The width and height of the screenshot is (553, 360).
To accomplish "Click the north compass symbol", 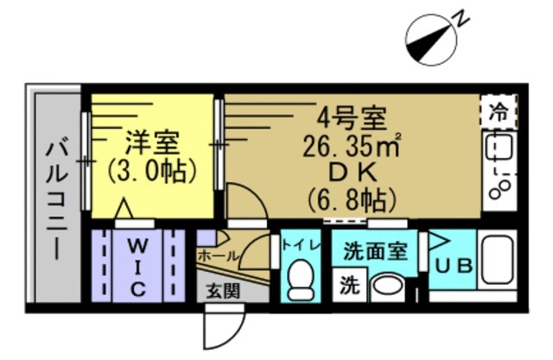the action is pyautogui.click(x=431, y=40).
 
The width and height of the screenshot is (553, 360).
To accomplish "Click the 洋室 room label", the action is pyautogui.click(x=153, y=142).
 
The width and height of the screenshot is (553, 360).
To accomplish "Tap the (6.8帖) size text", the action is pyautogui.click(x=352, y=199).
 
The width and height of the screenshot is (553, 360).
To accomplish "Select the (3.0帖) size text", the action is pyautogui.click(x=152, y=170).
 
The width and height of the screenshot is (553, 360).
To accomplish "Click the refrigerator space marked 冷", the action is pyautogui.click(x=499, y=112).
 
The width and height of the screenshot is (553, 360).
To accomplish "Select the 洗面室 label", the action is pyautogui.click(x=375, y=251).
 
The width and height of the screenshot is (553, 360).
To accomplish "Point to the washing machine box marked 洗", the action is pyautogui.click(x=350, y=285).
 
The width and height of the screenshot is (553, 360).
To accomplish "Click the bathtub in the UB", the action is pyautogui.click(x=499, y=259).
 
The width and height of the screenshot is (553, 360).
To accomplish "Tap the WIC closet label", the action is pyautogui.click(x=137, y=266).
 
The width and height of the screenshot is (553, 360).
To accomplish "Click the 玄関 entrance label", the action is pyautogui.click(x=223, y=291).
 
